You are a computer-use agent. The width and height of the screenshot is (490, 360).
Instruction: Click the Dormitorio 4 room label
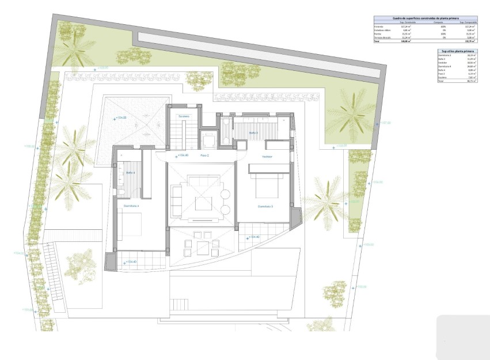[x=131, y=206]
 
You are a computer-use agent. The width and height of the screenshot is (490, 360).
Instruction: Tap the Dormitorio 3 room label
[x=265, y=206]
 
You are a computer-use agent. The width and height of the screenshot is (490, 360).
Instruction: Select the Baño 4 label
[x=130, y=172]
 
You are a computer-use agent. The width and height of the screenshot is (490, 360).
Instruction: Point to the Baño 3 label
[x=253, y=132]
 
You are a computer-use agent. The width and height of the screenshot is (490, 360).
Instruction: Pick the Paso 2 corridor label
[x=204, y=156]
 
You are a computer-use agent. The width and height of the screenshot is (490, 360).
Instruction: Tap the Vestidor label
[x=267, y=157]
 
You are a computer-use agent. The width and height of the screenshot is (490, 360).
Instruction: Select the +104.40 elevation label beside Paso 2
[x=183, y=156]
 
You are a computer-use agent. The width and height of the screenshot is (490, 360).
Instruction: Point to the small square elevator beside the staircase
[x=207, y=139]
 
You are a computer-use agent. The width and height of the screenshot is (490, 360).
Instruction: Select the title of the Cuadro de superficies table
[x=425, y=18]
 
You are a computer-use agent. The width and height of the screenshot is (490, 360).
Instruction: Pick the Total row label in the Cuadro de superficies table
[x=377, y=41]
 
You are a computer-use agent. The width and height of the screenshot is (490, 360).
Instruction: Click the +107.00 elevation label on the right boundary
[x=385, y=123]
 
